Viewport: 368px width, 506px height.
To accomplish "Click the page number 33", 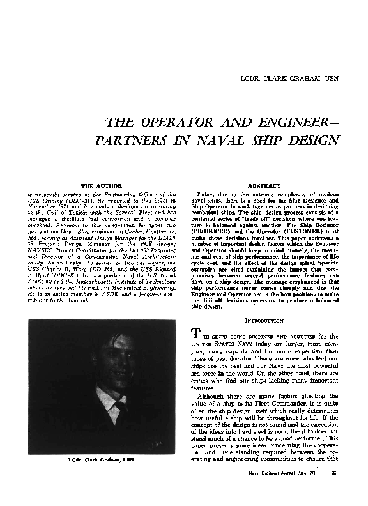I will tap(334, 491).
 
